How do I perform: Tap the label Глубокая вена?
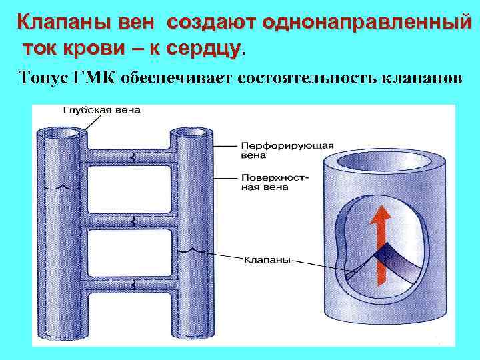click(x=101, y=110)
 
